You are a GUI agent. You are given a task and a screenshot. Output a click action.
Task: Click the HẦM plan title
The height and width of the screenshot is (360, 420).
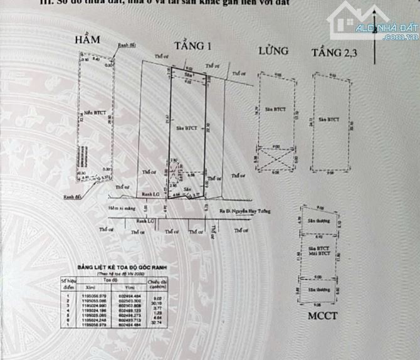[x=87, y=40]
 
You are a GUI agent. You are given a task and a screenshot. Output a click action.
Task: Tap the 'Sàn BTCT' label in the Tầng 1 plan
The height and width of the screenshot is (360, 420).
[x=187, y=128]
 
